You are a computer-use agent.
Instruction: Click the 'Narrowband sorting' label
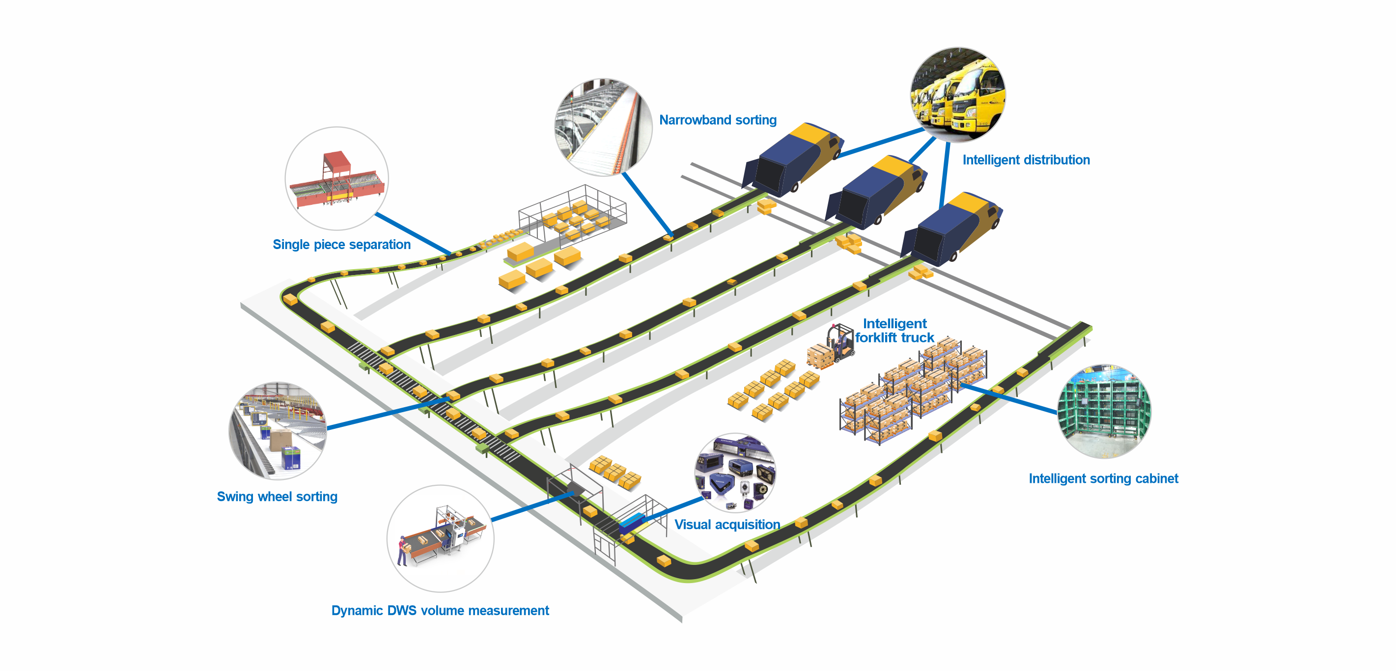tap(718, 120)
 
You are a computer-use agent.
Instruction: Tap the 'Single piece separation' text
tap(341, 245)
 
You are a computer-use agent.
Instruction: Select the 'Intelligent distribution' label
tap(1026, 160)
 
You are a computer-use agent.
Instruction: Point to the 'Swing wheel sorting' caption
tap(277, 497)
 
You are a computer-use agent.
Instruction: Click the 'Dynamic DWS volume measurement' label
tap(440, 610)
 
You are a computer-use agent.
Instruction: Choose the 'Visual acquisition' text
tap(726, 525)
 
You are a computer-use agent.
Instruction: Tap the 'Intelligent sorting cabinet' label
tap(1103, 478)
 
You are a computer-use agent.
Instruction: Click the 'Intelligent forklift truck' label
tap(894, 331)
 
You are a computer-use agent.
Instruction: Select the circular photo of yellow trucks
tap(957, 94)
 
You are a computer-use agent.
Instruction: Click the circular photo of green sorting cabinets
tap(1104, 411)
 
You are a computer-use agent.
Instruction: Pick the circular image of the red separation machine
tap(336, 178)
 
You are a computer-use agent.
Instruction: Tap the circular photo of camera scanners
tap(735, 473)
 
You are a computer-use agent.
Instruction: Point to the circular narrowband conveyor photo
tap(603, 127)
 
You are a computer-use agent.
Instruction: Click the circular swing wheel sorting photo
tap(278, 430)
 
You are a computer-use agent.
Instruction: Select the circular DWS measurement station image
tap(440, 538)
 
